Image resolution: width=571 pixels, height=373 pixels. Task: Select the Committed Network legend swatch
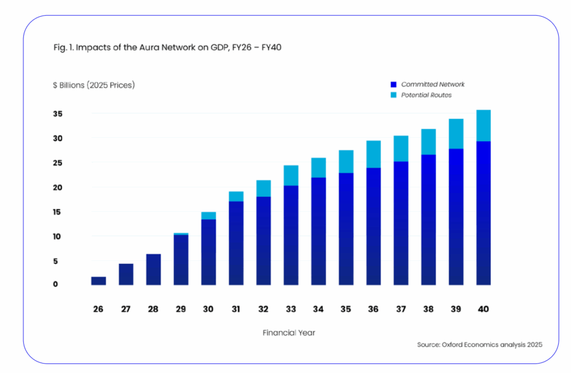click(x=393, y=85)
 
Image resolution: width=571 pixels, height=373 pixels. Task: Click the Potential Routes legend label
click(x=426, y=95)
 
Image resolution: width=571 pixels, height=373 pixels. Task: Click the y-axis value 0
click(x=56, y=284)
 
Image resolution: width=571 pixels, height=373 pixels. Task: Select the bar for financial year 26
click(x=99, y=281)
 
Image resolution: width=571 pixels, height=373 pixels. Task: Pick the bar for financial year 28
click(x=153, y=270)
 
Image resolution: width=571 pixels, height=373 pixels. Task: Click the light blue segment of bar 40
click(x=483, y=125)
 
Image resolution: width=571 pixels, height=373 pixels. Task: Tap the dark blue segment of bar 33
click(x=291, y=234)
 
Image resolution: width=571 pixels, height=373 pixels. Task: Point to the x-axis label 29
click(x=181, y=309)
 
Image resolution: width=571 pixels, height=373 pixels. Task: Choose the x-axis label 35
click(x=346, y=309)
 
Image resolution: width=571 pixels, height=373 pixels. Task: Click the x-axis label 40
click(x=483, y=309)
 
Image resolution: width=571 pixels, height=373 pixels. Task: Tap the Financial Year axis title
click(x=289, y=333)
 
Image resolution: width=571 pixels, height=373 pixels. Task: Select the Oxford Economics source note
click(x=480, y=345)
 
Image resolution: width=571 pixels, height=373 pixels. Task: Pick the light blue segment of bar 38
click(x=428, y=142)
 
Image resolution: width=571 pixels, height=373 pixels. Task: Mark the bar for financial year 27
click(x=126, y=274)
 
